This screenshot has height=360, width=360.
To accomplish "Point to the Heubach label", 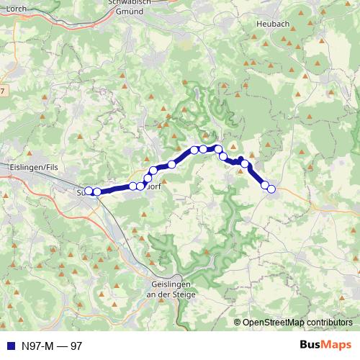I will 272,24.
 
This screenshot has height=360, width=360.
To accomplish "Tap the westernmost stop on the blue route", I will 89,192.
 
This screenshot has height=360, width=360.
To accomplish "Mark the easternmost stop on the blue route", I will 271,189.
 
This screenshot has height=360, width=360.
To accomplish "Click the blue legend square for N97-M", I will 9,346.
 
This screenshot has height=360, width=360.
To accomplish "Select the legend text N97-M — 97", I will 52,346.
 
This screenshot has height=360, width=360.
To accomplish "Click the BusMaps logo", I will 325,345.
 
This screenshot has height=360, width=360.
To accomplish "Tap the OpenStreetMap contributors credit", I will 297,322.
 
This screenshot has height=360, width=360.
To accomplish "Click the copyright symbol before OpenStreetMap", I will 238,322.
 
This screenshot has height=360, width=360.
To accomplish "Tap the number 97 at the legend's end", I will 76,346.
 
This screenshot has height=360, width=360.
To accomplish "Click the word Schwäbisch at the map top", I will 131,3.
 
